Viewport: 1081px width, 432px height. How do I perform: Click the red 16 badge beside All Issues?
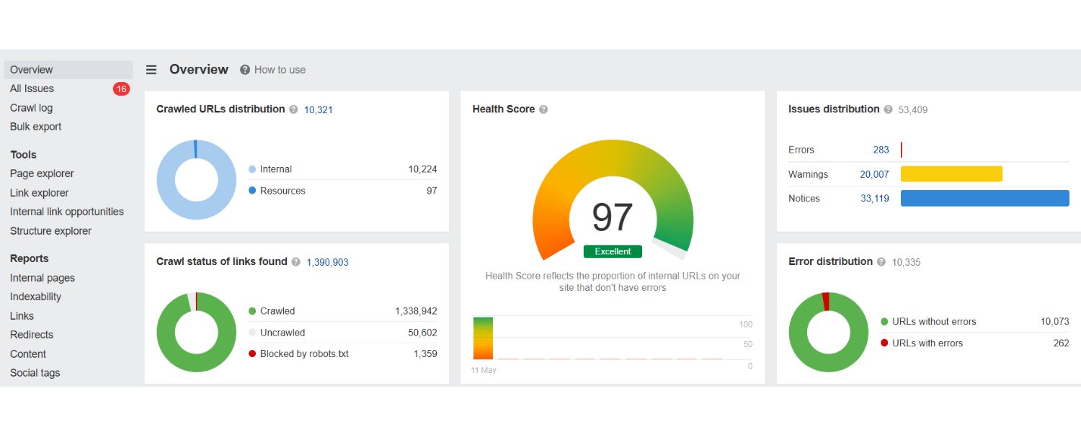coord(121,89)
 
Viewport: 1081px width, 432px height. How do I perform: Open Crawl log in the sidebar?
coord(31,108)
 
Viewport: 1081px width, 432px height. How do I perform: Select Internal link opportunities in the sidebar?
coord(66,212)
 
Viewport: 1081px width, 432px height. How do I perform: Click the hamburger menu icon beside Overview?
coord(151,70)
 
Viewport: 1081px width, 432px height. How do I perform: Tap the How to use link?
coord(280,70)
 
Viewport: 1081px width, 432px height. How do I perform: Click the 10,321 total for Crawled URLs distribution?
coord(318,110)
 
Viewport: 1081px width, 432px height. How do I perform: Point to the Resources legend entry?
coord(282,191)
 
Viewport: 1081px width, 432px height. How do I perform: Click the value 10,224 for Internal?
coord(422,169)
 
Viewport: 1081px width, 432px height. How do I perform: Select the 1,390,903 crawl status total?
coord(327,263)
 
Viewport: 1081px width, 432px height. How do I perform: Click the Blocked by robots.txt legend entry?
coord(303,354)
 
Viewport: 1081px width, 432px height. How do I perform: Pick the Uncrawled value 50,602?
coord(422,333)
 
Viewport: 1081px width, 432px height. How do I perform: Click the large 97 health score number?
coord(613,217)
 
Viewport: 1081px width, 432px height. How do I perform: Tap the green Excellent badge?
coord(613,251)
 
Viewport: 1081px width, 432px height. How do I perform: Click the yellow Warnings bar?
coord(951,174)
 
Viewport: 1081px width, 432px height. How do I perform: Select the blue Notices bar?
coord(984,199)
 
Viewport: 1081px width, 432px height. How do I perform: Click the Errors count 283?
coord(881,150)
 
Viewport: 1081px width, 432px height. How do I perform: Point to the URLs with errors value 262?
coord(1061,343)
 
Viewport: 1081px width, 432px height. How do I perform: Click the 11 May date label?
coord(484,370)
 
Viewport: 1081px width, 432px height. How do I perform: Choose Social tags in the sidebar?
coord(35,373)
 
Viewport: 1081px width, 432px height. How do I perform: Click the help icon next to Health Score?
coord(543,109)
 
